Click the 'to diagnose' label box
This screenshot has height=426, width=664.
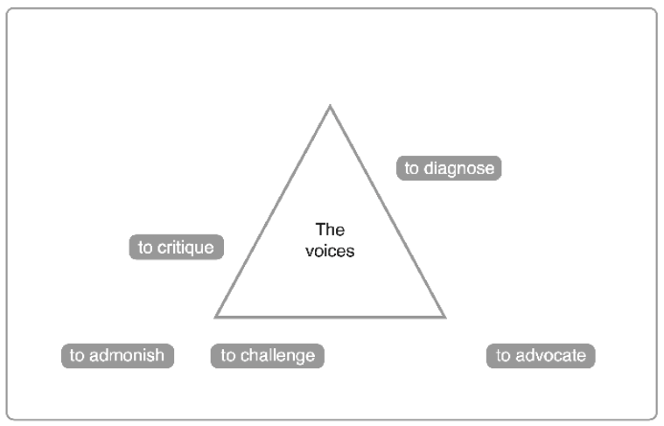point(449,168)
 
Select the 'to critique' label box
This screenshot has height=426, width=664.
point(176,248)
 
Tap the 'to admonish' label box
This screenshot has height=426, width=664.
point(117,356)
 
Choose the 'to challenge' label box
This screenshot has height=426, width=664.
point(267,356)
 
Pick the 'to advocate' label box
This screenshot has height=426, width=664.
point(540,356)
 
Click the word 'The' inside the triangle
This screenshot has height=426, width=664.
point(330,230)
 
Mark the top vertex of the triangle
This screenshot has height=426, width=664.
point(330,107)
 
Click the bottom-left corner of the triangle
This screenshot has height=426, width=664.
point(216,316)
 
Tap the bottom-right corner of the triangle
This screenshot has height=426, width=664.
point(444,316)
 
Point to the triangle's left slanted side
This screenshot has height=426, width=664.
point(273,212)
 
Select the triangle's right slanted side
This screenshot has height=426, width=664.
point(388,212)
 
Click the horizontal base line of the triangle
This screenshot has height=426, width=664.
point(330,316)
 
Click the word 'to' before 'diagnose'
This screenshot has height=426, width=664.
point(411,168)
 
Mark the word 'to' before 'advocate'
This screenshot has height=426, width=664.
point(502,356)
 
